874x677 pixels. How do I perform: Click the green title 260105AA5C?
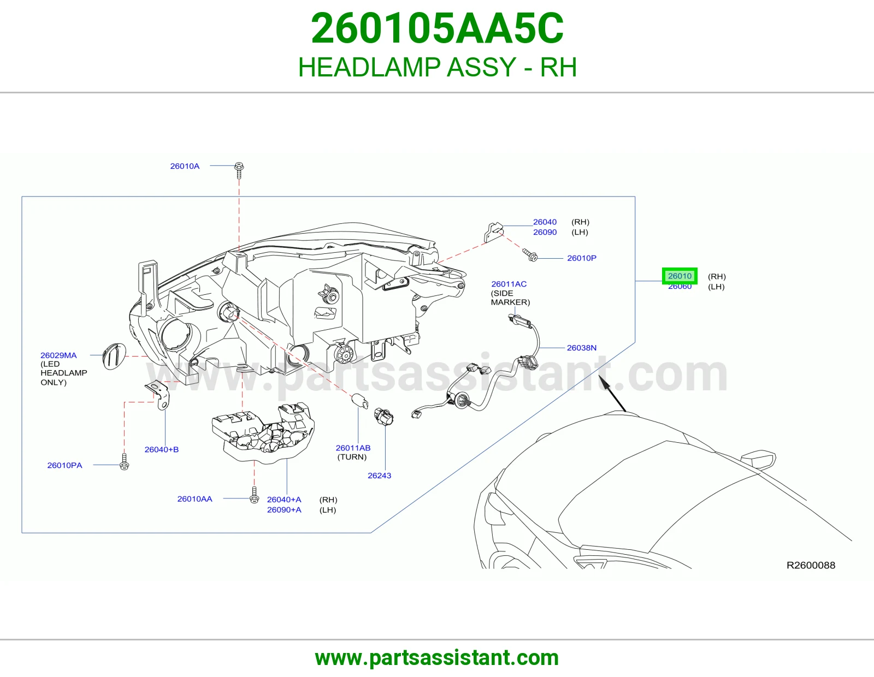pyautogui.click(x=437, y=28)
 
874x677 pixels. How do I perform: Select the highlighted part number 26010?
pyautogui.click(x=680, y=276)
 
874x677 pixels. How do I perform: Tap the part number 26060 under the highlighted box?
pyautogui.click(x=680, y=287)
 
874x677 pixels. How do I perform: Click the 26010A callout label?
pyautogui.click(x=185, y=166)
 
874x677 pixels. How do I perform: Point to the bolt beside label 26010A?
pyautogui.click(x=239, y=170)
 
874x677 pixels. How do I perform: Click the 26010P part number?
pyautogui.click(x=582, y=258)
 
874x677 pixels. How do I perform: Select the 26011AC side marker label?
pyautogui.click(x=509, y=284)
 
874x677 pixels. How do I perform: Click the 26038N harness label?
pyautogui.click(x=582, y=348)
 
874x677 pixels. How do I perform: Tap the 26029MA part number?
pyautogui.click(x=58, y=355)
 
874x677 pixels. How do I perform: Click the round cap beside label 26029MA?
pyautogui.click(x=114, y=356)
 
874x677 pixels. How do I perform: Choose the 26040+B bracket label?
pyautogui.click(x=162, y=449)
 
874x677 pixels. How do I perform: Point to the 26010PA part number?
pyautogui.click(x=65, y=465)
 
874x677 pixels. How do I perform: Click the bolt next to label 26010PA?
pyautogui.click(x=125, y=462)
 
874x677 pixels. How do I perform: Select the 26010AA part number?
pyautogui.click(x=194, y=499)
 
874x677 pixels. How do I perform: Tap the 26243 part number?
pyautogui.click(x=379, y=476)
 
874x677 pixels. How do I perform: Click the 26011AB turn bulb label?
pyautogui.click(x=353, y=448)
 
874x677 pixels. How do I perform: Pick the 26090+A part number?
pyautogui.click(x=284, y=510)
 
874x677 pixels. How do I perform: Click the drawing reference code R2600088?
pyautogui.click(x=811, y=565)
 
